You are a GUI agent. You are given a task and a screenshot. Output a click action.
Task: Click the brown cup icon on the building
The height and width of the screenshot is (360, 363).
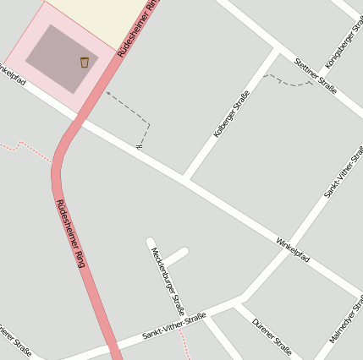click(84, 62)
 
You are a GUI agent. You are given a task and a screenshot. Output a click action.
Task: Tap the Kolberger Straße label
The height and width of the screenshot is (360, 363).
click(231, 114)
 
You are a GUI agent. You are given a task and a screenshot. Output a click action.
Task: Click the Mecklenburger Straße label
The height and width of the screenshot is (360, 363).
click(168, 278)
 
